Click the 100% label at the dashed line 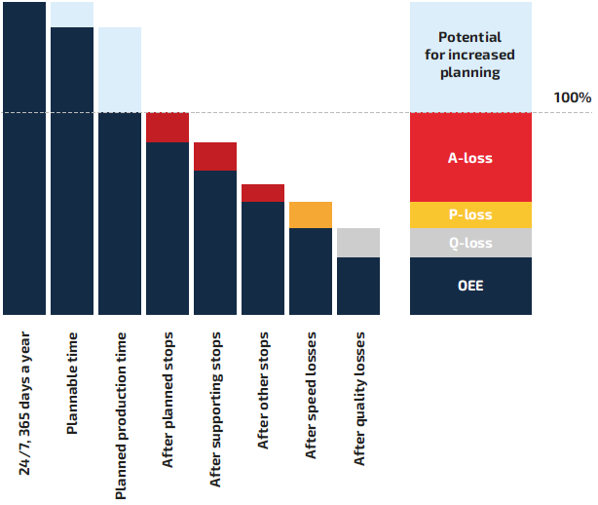tap(572, 97)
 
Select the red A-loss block tap(470, 156)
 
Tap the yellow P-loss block tap(470, 214)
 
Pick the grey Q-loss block tap(470, 243)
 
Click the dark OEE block tap(470, 286)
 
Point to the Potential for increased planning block tap(470, 56)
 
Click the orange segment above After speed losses tap(311, 214)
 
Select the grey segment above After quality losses tap(358, 243)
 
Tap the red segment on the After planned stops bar tap(168, 128)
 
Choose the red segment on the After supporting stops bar tap(215, 156)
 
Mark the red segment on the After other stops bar tap(263, 193)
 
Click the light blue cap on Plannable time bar tap(72, 15)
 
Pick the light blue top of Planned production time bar tap(120, 69)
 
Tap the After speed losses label tap(312, 395)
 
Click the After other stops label tap(264, 391)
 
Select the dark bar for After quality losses tap(358, 286)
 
